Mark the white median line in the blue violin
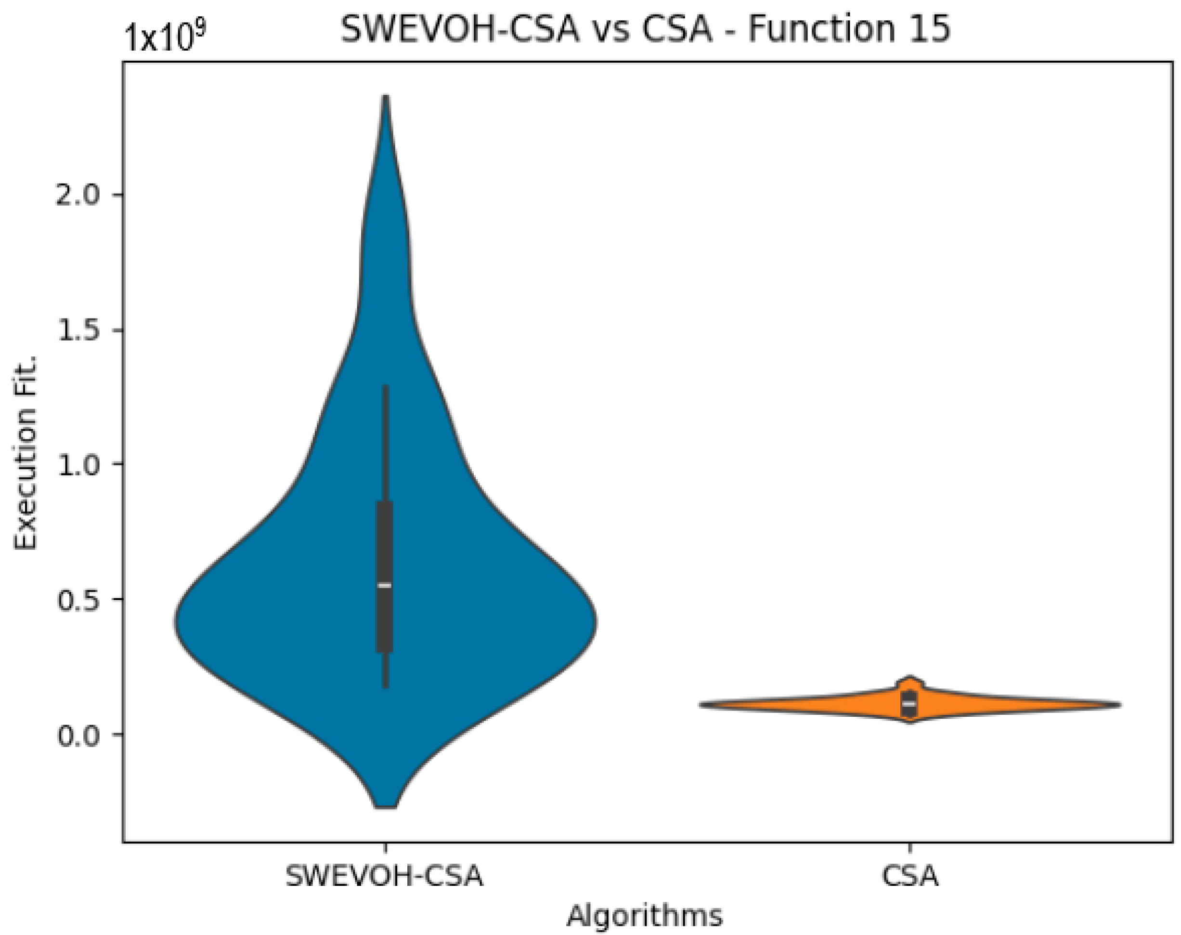click(385, 585)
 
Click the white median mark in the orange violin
click(909, 703)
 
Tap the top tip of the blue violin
click(386, 99)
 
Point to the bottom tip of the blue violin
click(386, 805)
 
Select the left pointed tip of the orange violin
click(701, 705)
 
